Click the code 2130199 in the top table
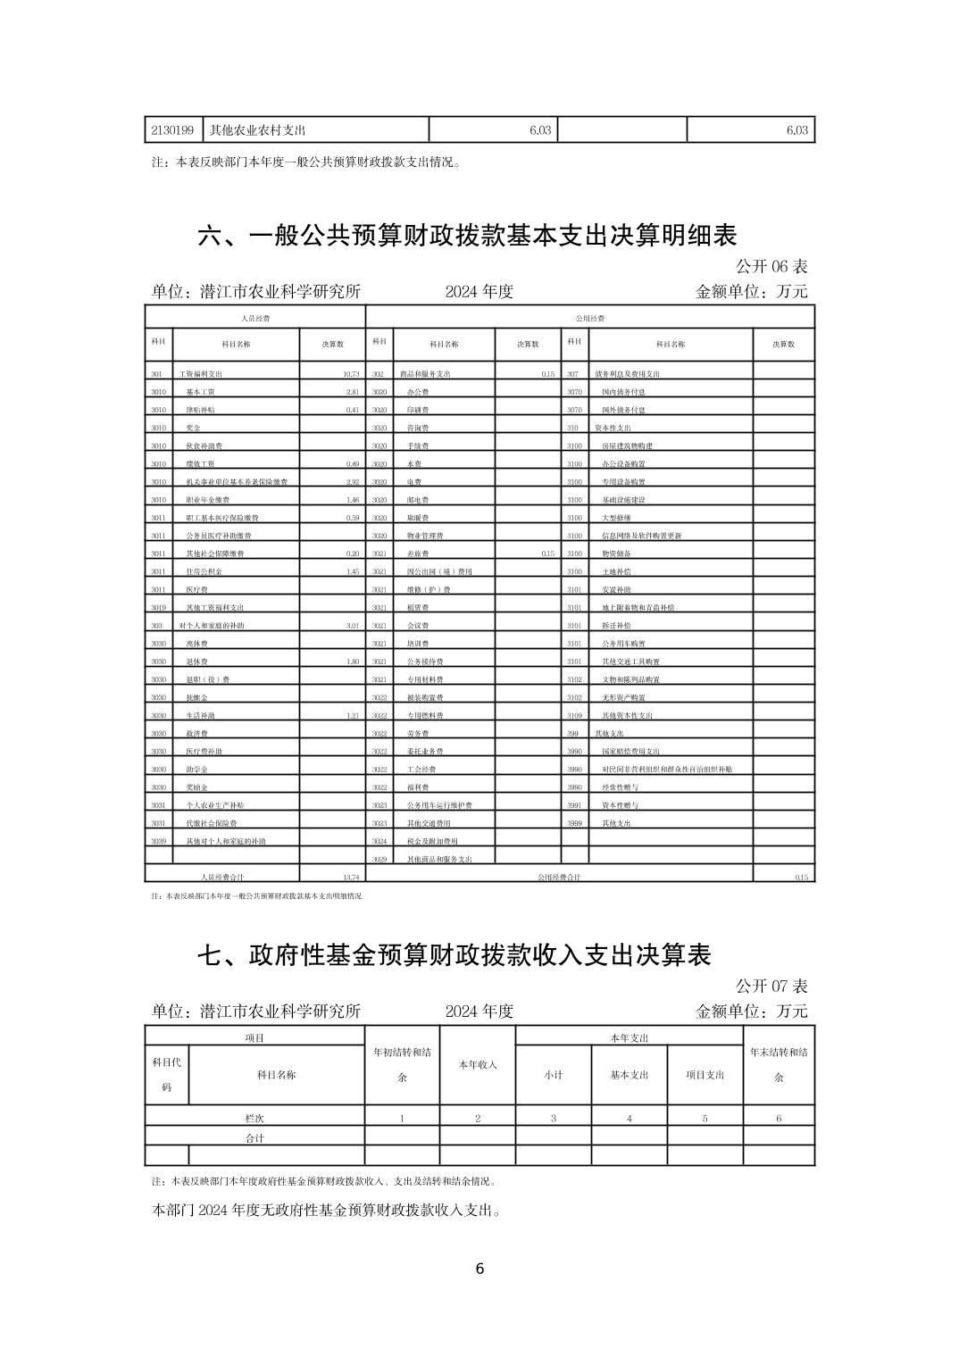coord(173,130)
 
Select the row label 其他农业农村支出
coord(258,130)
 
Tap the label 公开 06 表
coord(771,267)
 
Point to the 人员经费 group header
coord(255,318)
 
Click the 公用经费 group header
coord(590,318)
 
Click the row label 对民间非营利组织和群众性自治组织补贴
coord(667,770)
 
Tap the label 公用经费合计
coord(559,878)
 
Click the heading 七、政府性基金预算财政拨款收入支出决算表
coord(454,955)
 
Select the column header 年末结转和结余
coord(779,1064)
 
